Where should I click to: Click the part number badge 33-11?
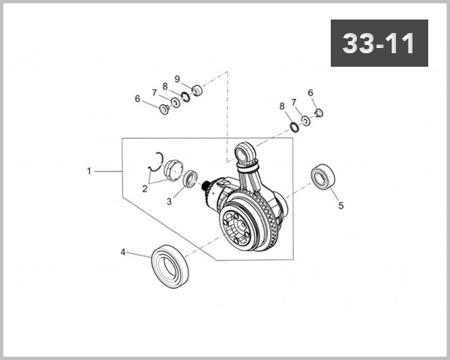(x=379, y=43)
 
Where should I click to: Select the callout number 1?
(x=88, y=171)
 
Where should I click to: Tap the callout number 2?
(x=145, y=189)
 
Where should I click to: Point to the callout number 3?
(x=169, y=201)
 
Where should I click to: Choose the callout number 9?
(x=178, y=79)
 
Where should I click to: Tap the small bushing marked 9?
(x=197, y=91)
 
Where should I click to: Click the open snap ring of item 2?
(x=158, y=158)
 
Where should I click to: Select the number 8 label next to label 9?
(x=165, y=86)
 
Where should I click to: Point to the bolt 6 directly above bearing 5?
(x=317, y=113)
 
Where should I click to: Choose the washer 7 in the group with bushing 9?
(x=175, y=102)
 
